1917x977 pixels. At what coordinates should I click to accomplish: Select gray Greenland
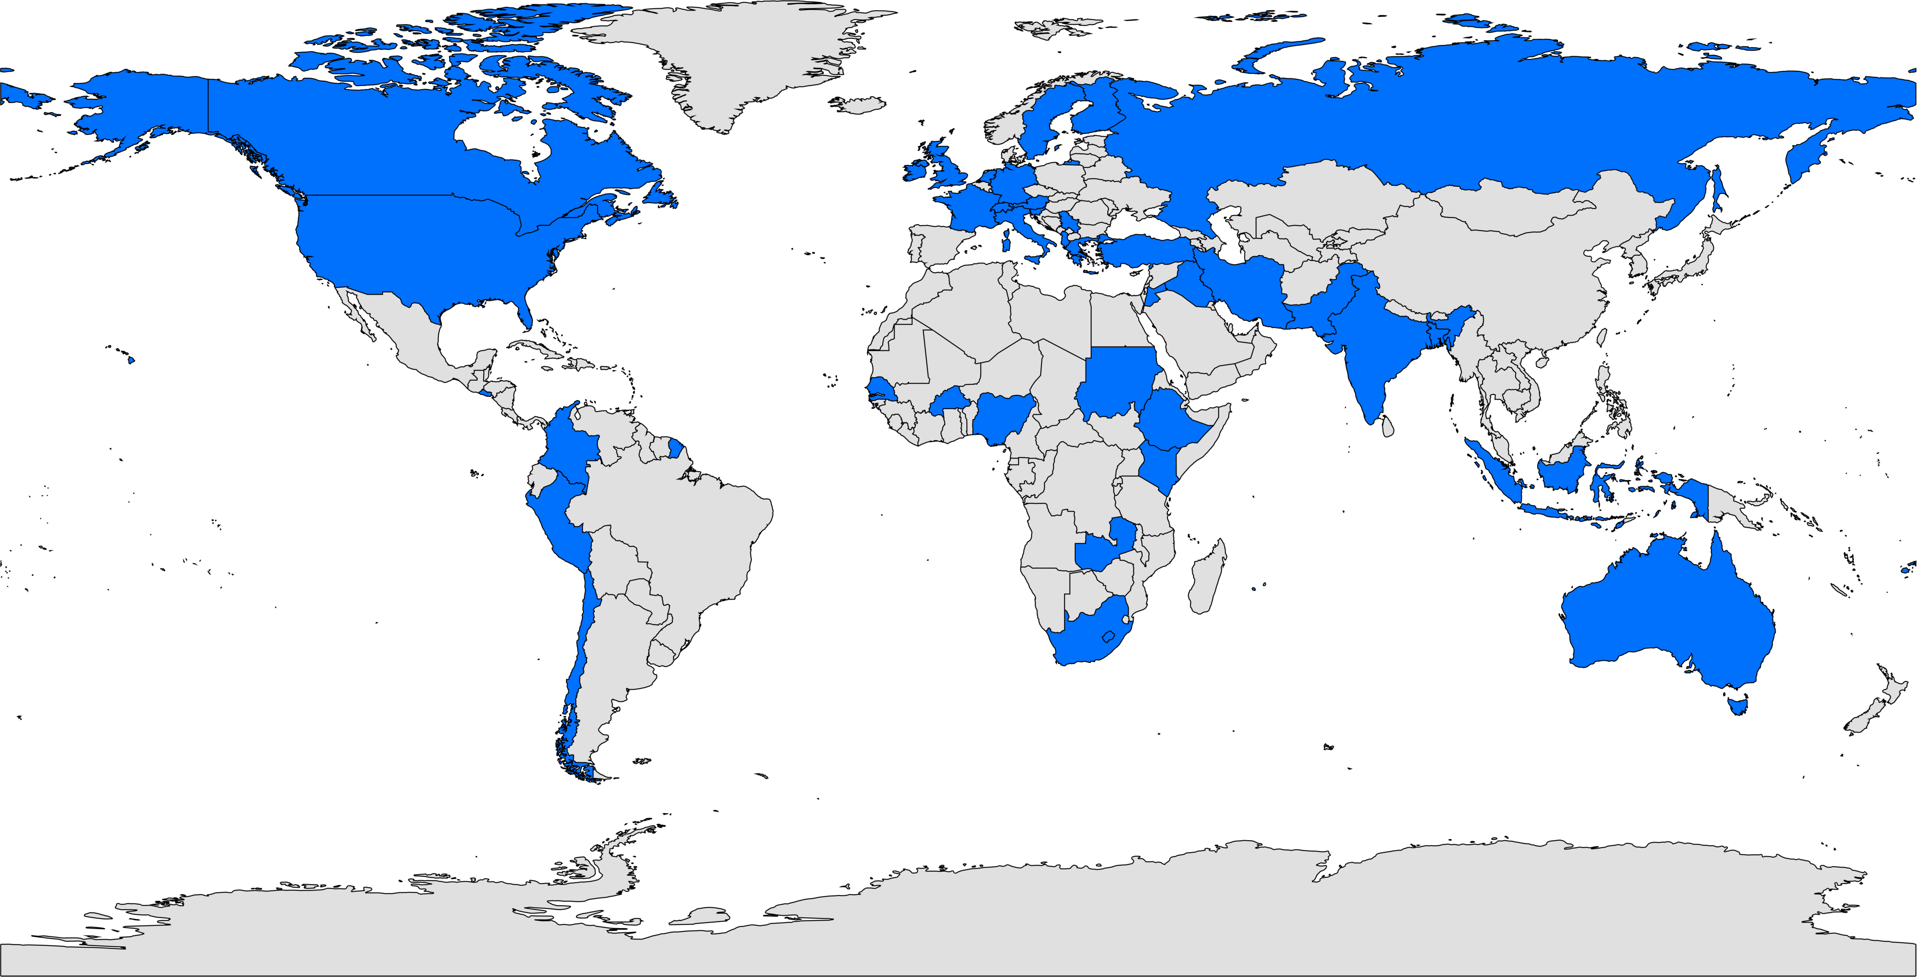tap(744, 59)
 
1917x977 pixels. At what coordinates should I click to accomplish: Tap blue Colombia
tap(569, 447)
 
